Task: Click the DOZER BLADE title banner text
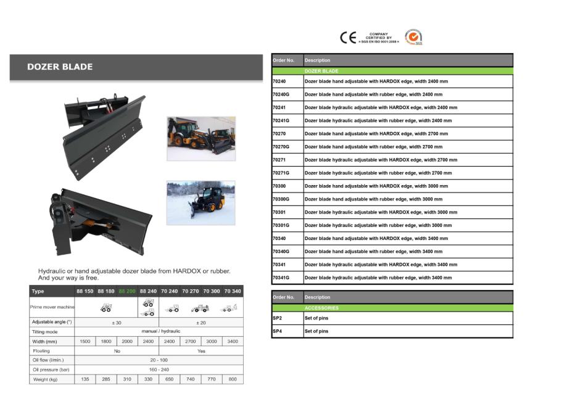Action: tap(60, 67)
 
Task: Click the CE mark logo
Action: tap(348, 38)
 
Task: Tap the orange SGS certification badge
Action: tap(413, 37)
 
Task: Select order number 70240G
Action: tap(281, 94)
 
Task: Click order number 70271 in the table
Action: tap(279, 160)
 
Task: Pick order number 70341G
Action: tap(281, 278)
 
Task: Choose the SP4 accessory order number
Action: tap(277, 331)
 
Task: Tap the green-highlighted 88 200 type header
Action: tap(127, 291)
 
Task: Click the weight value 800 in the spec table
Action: tap(233, 379)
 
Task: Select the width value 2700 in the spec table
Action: tap(190, 341)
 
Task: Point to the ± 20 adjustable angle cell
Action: tap(201, 322)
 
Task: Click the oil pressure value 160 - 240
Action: tap(159, 370)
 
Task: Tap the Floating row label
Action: tap(41, 350)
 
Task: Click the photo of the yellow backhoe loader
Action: tap(201, 138)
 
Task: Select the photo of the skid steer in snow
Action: tap(201, 202)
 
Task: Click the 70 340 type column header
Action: tap(233, 291)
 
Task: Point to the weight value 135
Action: tap(85, 379)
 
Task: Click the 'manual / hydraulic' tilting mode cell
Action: tap(159, 332)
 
